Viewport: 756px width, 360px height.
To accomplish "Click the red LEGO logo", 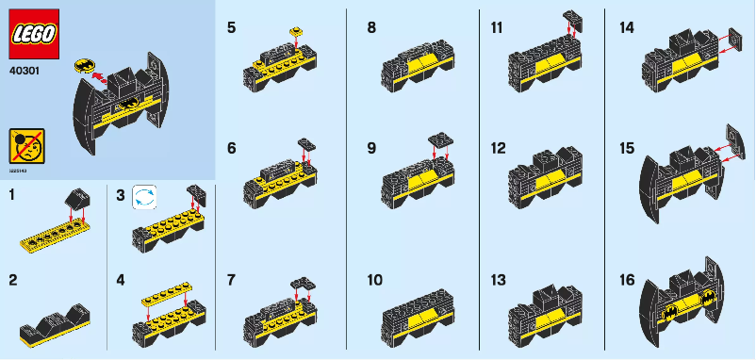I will coord(34,33).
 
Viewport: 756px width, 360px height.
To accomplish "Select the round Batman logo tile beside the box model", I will coord(83,67).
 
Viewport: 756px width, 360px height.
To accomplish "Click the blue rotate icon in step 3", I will coord(144,196).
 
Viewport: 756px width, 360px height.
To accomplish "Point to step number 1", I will coord(11,194).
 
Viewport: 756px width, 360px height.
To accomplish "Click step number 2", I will coord(12,280).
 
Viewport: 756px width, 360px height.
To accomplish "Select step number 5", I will coord(232,28).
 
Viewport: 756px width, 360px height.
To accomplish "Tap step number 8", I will coord(371,28).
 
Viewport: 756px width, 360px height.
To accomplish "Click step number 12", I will coord(499,148).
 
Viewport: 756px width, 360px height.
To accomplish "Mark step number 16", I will coord(627,280).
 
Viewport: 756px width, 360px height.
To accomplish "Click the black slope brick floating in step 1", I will coord(74,200).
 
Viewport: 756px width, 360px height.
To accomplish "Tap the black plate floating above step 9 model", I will coord(438,139).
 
